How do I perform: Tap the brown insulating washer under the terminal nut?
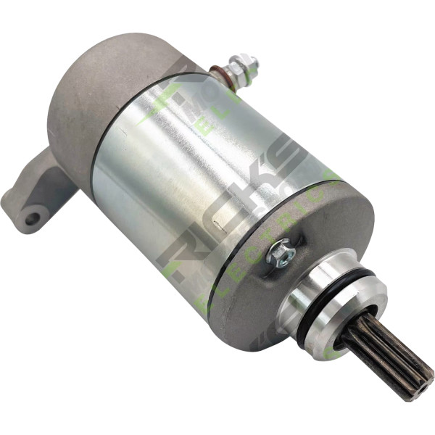point(218,72)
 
